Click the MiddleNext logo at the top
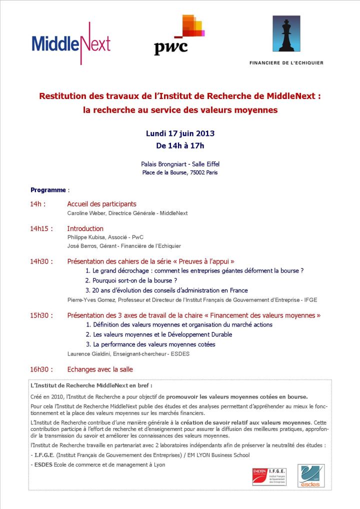71,43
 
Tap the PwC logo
179,35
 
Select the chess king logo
286,34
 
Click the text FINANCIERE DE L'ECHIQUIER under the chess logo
286,63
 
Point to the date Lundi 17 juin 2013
180,133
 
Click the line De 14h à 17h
180,145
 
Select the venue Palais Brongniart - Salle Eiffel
180,164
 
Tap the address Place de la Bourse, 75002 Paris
180,172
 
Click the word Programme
48,190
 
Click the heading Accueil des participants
101,204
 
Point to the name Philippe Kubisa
86,237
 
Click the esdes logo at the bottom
311,475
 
